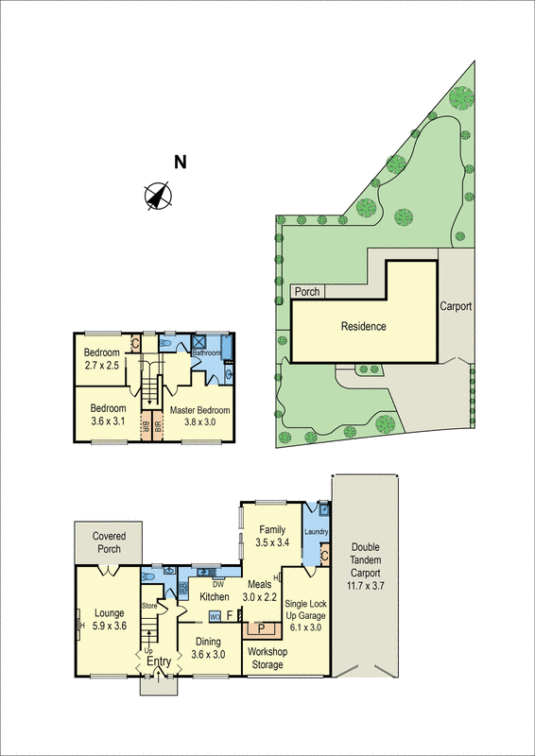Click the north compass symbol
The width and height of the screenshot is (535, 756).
click(158, 196)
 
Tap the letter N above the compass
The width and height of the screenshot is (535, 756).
click(179, 162)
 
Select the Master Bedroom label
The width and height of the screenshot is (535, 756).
click(199, 410)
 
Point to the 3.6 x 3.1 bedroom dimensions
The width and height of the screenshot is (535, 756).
click(109, 421)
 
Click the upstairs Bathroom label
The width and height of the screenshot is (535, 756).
click(207, 353)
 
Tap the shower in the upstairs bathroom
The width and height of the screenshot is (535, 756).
click(199, 343)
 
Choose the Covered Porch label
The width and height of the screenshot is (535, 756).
click(109, 541)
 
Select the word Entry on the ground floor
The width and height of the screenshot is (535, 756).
click(158, 661)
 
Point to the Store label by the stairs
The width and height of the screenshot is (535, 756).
click(148, 605)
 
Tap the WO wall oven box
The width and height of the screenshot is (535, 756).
click(215, 616)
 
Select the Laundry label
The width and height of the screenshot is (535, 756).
click(317, 532)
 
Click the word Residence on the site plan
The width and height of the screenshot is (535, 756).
click(364, 327)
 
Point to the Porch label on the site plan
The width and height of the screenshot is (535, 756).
click(306, 292)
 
